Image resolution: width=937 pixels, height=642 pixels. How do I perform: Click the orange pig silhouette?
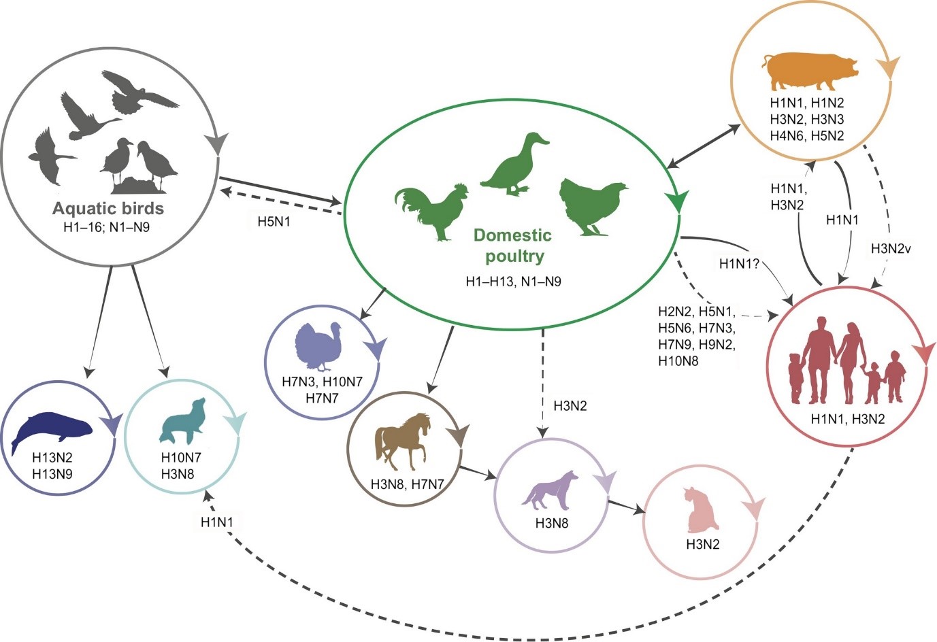(810, 71)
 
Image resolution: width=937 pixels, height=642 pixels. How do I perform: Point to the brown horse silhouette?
(402, 441)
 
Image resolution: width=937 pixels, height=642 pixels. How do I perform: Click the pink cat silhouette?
(702, 511)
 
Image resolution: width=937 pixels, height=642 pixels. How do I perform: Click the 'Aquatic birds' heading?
(108, 208)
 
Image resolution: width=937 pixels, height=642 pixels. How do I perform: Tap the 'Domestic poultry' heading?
(512, 246)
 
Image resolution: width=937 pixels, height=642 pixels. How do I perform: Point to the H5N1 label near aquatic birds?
(274, 221)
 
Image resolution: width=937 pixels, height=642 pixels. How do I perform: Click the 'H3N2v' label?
(891, 249)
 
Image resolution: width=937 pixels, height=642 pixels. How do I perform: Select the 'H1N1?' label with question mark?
(739, 263)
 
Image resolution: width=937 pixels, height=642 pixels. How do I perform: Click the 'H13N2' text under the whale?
(52, 458)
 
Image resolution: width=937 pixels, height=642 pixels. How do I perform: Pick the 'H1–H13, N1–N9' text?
(513, 282)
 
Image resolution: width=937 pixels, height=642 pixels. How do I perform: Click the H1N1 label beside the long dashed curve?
(217, 522)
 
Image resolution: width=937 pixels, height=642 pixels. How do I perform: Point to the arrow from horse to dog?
(477, 473)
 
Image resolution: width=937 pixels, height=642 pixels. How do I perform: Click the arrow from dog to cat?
(627, 507)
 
